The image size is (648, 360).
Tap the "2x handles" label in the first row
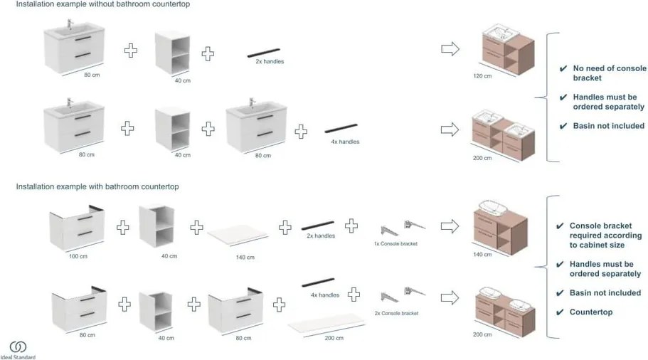coord(270,62)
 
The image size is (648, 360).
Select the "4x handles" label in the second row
coord(345,142)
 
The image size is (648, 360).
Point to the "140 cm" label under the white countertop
coord(245,257)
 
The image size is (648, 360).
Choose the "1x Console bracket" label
coord(395,243)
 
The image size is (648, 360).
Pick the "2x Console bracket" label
coord(397,313)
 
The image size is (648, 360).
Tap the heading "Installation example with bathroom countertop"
coord(97,186)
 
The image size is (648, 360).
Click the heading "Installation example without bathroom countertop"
coord(103,4)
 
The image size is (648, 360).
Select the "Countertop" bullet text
coord(591,312)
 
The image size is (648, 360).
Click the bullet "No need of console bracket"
coord(610,73)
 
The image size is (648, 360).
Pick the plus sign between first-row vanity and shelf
coord(131,51)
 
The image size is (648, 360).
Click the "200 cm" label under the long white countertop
coord(334,339)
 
